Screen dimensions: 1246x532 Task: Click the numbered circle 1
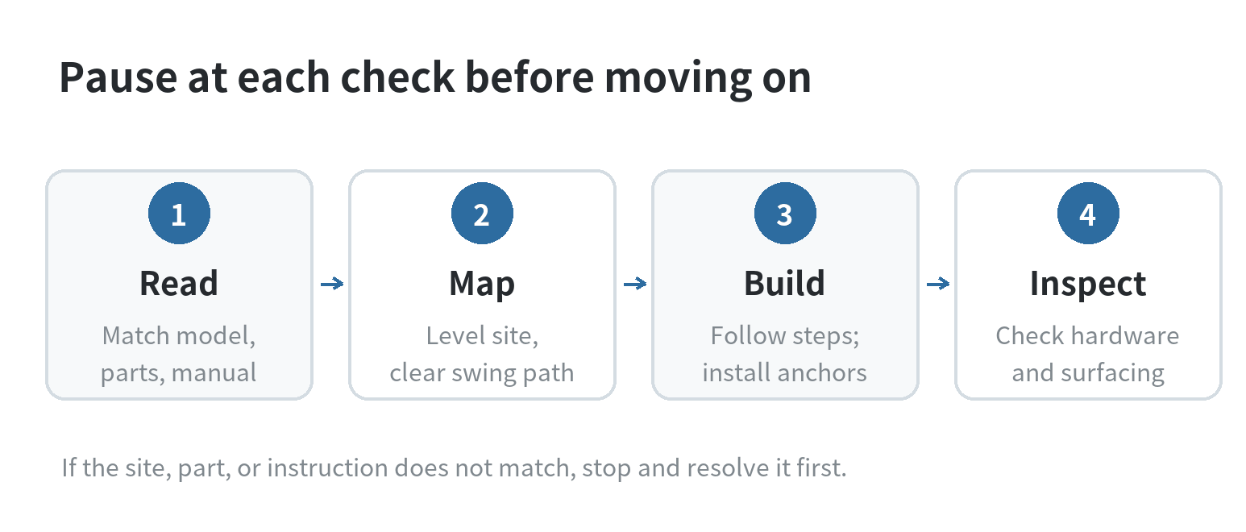[x=179, y=213]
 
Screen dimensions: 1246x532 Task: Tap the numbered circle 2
[x=482, y=213]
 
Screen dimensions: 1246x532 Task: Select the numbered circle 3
[x=785, y=213]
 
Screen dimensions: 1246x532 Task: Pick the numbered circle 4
[x=1088, y=213]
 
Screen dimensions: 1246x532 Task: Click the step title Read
[x=179, y=283]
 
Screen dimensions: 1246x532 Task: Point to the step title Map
[x=482, y=285]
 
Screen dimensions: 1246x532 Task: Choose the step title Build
[x=784, y=283]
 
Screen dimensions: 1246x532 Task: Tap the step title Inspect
[x=1087, y=285]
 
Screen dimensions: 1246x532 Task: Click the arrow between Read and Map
[x=332, y=284]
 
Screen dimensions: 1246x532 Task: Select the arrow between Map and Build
[x=634, y=284]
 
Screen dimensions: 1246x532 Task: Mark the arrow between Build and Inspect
[x=938, y=284]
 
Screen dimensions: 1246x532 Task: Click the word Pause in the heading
[x=118, y=77]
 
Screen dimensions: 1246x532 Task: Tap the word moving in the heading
[x=679, y=80]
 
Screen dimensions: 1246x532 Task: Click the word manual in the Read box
[x=214, y=372]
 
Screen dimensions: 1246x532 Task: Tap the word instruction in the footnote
[x=328, y=468]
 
